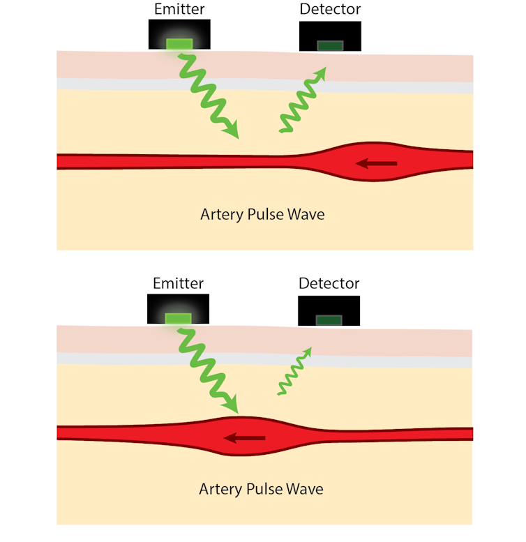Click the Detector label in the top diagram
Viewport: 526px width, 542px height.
tap(330, 9)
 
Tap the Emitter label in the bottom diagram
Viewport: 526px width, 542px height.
tap(178, 283)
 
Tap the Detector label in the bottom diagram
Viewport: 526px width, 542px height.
tap(329, 283)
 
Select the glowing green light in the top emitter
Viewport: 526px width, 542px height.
tap(179, 45)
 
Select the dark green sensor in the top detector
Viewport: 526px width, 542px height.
tap(330, 46)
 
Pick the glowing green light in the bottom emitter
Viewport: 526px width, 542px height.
tap(178, 319)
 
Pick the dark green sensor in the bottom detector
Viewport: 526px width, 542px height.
tap(329, 320)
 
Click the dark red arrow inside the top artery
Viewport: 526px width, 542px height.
tap(376, 164)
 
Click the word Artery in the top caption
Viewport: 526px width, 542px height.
tap(221, 214)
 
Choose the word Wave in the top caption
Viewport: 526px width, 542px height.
tap(306, 214)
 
